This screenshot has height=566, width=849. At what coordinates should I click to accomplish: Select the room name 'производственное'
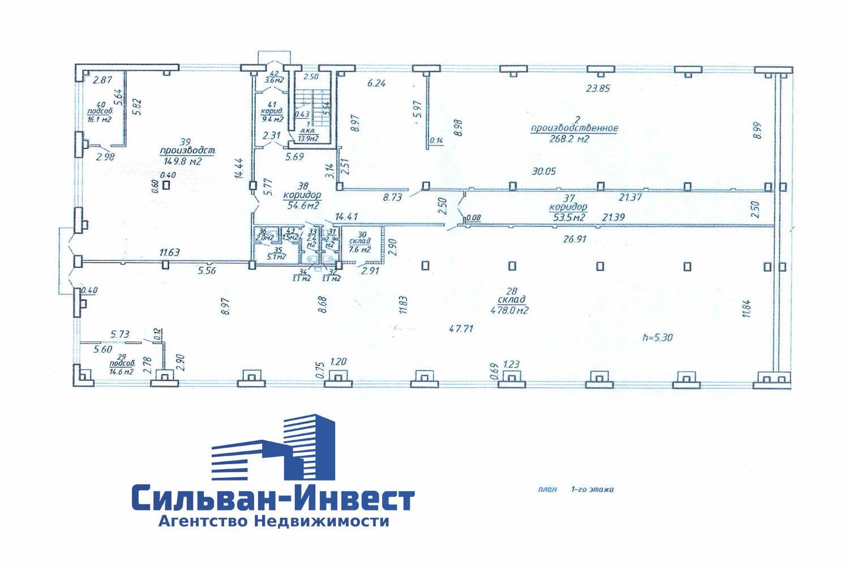tap(574, 128)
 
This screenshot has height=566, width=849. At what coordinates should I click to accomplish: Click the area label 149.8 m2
tap(181, 161)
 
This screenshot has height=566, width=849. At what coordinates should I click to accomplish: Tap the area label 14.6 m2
tap(122, 372)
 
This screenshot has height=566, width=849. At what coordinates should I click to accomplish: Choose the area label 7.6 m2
tap(360, 249)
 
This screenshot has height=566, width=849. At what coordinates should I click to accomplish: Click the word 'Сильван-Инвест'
tap(273, 499)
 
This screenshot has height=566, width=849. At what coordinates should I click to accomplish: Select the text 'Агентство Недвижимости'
tap(273, 522)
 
